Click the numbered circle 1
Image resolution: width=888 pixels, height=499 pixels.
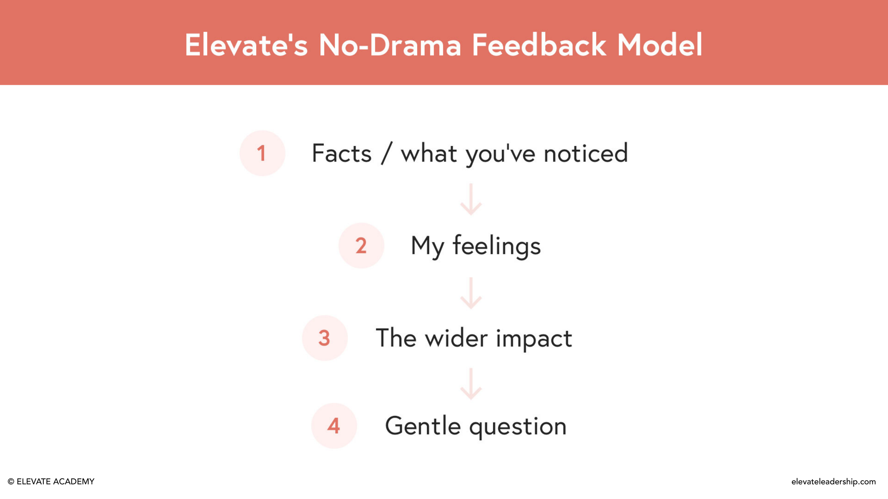262,153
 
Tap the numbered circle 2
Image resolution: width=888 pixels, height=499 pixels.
361,246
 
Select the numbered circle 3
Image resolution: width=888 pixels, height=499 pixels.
324,338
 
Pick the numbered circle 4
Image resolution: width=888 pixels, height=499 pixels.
334,426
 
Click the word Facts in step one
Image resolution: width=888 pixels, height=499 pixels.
341,153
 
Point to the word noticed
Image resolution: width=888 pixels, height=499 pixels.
585,153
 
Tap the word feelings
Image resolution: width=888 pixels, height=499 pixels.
496,246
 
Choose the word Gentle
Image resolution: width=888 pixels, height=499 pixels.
423,426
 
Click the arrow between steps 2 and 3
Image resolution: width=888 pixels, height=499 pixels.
471,293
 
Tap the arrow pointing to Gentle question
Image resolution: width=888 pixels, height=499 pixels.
471,384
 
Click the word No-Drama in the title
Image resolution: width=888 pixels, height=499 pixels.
390,45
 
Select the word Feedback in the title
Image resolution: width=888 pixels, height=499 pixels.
539,45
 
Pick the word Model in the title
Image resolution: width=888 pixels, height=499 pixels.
660,45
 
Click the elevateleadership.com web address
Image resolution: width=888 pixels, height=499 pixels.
833,482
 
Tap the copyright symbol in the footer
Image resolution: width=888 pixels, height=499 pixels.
11,482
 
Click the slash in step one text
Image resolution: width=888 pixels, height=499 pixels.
386,153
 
